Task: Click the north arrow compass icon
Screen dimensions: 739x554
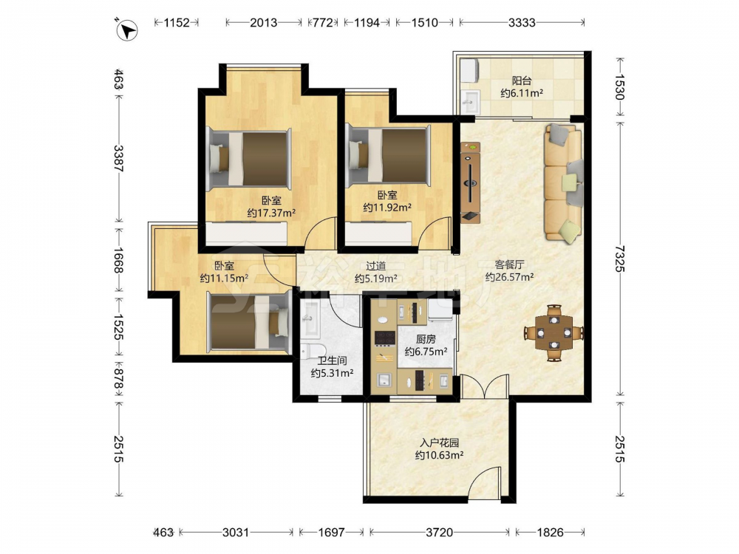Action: tap(126, 30)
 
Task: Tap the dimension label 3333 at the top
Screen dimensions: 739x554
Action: tap(522, 22)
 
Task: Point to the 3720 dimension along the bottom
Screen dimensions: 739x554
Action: tap(439, 533)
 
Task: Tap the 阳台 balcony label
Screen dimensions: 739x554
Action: tap(521, 81)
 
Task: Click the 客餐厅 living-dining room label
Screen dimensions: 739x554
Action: tap(509, 264)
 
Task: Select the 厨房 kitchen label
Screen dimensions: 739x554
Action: tap(426, 339)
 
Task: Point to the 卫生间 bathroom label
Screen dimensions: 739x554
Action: tap(332, 361)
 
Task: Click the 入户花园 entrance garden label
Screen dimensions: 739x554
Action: tap(439, 442)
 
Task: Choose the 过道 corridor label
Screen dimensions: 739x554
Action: tap(375, 266)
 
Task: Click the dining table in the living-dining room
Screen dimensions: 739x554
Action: tap(554, 332)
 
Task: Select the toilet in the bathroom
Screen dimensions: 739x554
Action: tap(313, 350)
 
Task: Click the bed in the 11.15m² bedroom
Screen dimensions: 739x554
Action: tap(249, 322)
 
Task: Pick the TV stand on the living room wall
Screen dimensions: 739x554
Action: tap(470, 182)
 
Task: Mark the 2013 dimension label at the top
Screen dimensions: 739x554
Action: tap(264, 22)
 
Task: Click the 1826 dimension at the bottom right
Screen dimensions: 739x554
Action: tap(550, 533)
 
